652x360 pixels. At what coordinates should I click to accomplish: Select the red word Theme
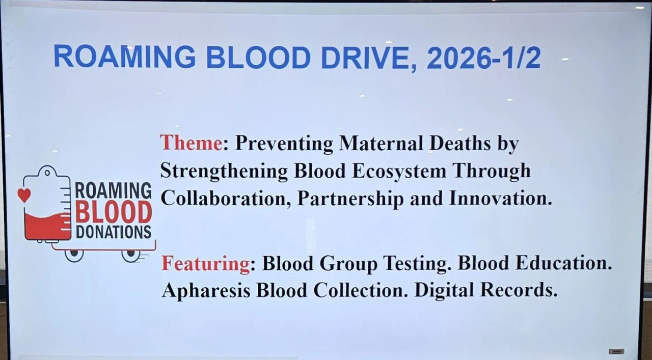tap(191, 143)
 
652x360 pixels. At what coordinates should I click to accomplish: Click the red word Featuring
tap(205, 263)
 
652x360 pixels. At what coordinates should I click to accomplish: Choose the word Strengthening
tap(224, 171)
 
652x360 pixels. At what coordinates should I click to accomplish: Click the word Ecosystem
tap(399, 171)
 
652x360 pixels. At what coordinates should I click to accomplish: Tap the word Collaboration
tap(226, 199)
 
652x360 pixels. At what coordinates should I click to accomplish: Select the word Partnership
tap(350, 199)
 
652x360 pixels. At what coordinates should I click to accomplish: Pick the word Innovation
tap(501, 198)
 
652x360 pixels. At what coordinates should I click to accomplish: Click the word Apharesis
tap(206, 290)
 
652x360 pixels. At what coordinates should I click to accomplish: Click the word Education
tap(564, 263)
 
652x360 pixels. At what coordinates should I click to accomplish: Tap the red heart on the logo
tap(24, 195)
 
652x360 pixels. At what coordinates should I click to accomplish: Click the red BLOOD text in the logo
tap(114, 213)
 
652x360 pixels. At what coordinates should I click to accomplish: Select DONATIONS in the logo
tap(114, 232)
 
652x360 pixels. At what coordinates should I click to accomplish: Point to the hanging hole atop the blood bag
tap(47, 172)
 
